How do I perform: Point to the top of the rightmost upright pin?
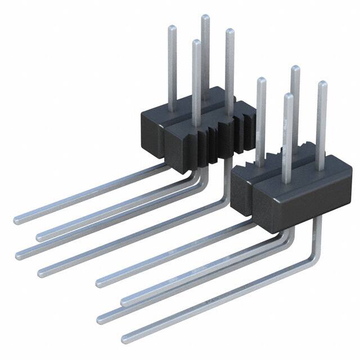pos(322,84)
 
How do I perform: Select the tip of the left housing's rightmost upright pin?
pos(229,31)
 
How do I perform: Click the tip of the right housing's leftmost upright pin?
pos(261,80)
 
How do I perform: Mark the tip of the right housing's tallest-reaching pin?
pos(295,68)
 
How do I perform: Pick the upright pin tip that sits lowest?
pos(289,96)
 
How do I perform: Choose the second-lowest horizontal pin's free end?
pos(102,317)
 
